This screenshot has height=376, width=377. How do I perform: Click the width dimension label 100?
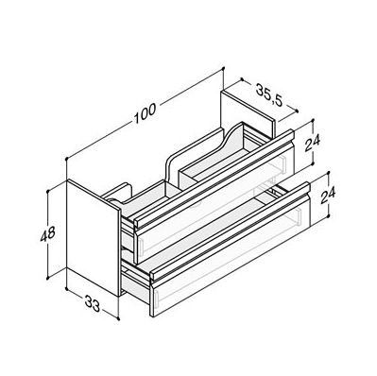pos(146,112)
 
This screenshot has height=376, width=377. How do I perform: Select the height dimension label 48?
pos(48,233)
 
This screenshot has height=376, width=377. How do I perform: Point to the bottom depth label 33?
pos(93,304)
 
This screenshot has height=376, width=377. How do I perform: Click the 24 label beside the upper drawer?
pos(312,143)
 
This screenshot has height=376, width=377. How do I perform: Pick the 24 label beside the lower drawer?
pos(328,196)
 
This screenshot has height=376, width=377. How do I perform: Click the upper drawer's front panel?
pos(214,201)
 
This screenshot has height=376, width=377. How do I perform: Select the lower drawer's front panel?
pos(230,255)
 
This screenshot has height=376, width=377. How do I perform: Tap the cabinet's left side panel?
pos(94,237)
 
